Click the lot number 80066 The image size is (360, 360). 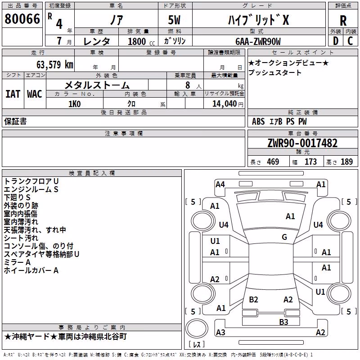coord(22,19)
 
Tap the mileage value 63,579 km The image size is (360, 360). coord(55,65)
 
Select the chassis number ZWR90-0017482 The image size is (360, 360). coord(302,143)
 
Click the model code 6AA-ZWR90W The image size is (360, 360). coord(258,41)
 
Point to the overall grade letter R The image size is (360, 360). coord(343,21)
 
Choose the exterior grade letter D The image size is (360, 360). coord(336,41)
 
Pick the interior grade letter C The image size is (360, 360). coord(350,41)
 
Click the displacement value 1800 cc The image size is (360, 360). coord(141,41)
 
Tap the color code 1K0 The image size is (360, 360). coord(75,104)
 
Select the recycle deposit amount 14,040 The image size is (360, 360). coord(225,104)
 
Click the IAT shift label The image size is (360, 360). coord(13,94)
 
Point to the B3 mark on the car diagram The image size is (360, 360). coord(283,322)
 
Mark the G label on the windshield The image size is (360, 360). coord(284,237)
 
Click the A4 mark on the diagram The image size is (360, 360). coord(220,184)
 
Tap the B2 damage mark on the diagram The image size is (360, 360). coord(253,299)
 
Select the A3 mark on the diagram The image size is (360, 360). coord(220,332)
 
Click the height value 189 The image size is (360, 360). coord(346,162)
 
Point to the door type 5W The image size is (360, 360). coord(174,20)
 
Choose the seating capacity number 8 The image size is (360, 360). coord(188,85)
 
